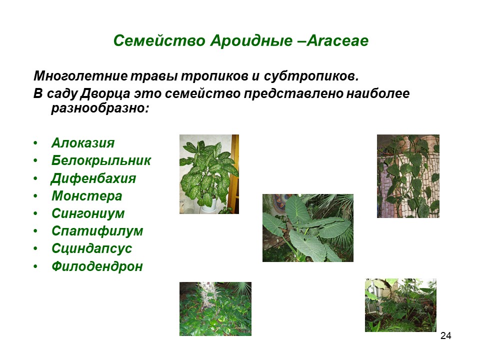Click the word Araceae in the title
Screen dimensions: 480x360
pyautogui.click(x=337, y=40)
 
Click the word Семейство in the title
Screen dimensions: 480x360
pyautogui.click(x=159, y=40)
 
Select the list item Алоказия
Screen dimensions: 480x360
pyautogui.click(x=83, y=143)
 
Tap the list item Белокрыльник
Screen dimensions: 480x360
pyautogui.click(x=101, y=160)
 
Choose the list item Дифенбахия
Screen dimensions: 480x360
pyautogui.click(x=93, y=178)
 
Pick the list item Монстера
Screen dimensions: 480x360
pyautogui.click(x=87, y=196)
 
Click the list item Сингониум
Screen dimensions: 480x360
pyautogui.click(x=88, y=213)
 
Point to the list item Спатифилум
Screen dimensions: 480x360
pyautogui.click(x=97, y=231)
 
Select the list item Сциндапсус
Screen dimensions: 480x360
pyautogui.click(x=92, y=248)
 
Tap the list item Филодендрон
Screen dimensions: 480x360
pyautogui.click(x=97, y=266)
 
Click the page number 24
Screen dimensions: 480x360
pyautogui.click(x=445, y=336)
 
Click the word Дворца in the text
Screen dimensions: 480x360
pyautogui.click(x=105, y=93)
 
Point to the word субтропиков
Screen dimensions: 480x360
pyautogui.click(x=311, y=76)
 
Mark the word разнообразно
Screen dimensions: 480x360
pyautogui.click(x=100, y=108)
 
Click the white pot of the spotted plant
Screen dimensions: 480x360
pyautogui.click(x=209, y=205)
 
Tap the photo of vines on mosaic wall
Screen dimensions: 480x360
pyautogui.click(x=408, y=176)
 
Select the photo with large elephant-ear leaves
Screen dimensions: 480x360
pyautogui.click(x=308, y=228)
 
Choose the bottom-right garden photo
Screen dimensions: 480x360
pyautogui.click(x=400, y=305)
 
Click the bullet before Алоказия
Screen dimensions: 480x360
pyautogui.click(x=35, y=143)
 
